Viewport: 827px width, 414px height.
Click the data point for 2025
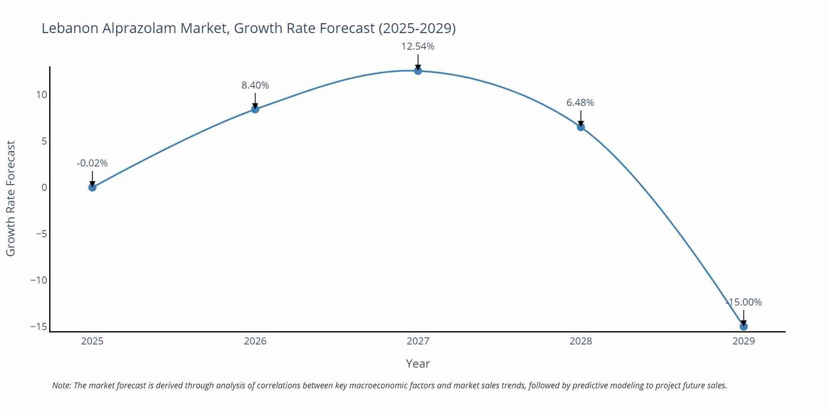click(92, 188)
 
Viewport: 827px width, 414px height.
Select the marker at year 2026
click(255, 109)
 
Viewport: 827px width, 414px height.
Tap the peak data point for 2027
click(418, 71)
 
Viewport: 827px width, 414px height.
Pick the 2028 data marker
click(581, 127)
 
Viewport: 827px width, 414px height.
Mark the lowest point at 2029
click(743, 327)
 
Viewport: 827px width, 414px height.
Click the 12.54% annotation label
click(418, 47)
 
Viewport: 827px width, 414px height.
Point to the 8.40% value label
click(255, 85)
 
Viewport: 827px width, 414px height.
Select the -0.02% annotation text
click(92, 164)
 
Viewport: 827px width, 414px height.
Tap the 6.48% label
click(580, 103)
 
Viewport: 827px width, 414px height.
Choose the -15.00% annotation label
click(743, 303)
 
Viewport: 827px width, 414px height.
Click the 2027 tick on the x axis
click(418, 342)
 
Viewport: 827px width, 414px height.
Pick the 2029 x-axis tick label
click(743, 342)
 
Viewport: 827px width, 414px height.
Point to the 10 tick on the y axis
click(41, 95)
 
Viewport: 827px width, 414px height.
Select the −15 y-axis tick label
click(38, 327)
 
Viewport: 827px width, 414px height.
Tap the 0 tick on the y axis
click(44, 188)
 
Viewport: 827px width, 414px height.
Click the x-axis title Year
click(418, 364)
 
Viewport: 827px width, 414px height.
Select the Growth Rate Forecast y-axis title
click(11, 199)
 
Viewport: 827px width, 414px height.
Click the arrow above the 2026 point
click(255, 100)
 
